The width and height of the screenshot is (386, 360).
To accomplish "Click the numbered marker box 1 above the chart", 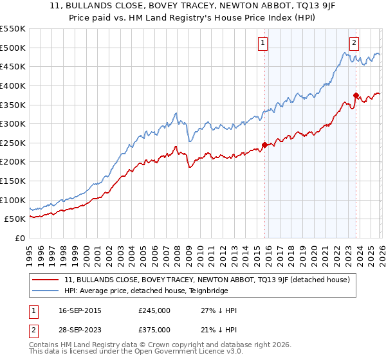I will pos(263,43).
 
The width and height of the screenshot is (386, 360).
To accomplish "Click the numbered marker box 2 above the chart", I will pos(354,43).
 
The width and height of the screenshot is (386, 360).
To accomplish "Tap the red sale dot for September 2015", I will pos(264,145).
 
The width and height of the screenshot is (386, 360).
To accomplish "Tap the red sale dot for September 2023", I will pos(356,95).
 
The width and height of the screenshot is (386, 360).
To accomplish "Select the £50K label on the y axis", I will pos(15,219).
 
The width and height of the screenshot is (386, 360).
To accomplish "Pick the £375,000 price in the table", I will pos(154,330).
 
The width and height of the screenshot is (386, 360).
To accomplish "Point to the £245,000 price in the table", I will pos(154,310).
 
